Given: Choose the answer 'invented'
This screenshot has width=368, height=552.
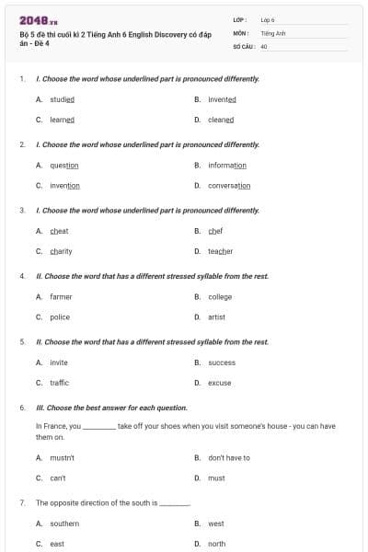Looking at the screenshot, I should [x=222, y=99].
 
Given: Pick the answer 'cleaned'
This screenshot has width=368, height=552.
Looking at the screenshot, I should [x=221, y=120].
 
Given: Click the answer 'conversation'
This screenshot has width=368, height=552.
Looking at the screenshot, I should [x=229, y=186].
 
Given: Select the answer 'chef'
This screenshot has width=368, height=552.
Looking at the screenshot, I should [x=215, y=231].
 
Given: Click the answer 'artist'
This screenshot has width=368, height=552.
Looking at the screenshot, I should [x=216, y=317].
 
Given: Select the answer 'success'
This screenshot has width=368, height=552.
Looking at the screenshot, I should [x=222, y=362].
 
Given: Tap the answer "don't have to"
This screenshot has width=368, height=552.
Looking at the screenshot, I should [x=229, y=457].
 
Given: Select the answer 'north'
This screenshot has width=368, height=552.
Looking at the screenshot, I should [x=216, y=544].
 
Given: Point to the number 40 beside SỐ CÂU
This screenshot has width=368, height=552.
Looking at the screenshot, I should [x=264, y=45].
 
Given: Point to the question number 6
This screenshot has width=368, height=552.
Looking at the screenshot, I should [x=22, y=408].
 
